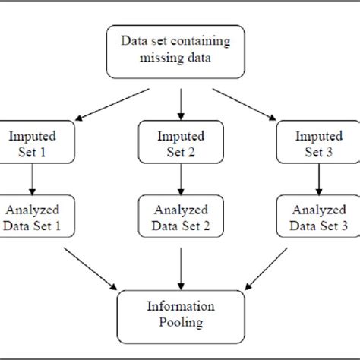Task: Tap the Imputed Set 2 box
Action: coord(179,143)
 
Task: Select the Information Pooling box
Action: coord(179,314)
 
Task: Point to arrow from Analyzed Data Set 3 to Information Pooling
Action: coord(270,267)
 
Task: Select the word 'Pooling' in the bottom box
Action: coord(179,322)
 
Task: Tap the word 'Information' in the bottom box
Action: coord(179,307)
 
